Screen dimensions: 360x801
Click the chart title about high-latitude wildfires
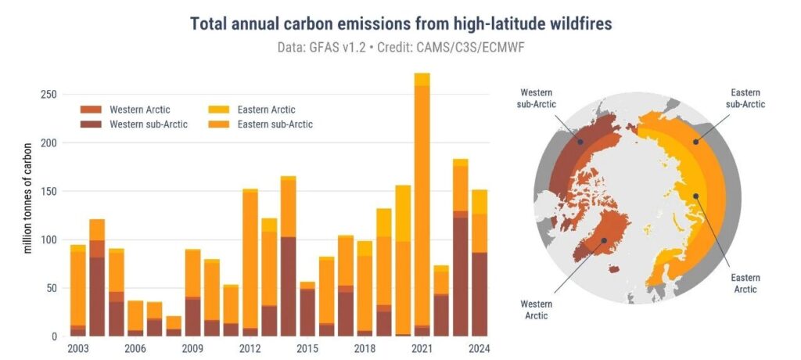400,24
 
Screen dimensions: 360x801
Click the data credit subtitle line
400,48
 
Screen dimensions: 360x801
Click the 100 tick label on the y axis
48,240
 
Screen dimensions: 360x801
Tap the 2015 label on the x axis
308,350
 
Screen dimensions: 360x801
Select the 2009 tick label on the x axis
193,350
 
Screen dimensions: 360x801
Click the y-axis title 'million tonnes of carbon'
28,197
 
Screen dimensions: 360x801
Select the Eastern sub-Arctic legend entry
282,124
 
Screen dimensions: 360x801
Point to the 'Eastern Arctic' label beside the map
745,283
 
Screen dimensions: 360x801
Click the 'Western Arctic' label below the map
537,309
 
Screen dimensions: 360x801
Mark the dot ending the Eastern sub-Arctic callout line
695,141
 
